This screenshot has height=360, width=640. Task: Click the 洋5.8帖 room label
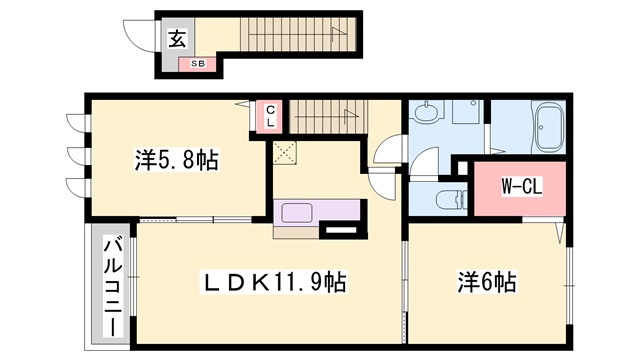(x=177, y=159)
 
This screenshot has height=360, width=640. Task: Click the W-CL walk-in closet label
(x=521, y=186)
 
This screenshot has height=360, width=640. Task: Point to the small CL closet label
(x=270, y=116)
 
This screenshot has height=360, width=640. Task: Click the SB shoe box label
(x=198, y=63)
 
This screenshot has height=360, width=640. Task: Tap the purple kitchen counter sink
(x=299, y=212)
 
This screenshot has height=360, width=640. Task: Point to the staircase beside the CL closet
(x=322, y=114)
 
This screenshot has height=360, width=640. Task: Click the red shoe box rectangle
(x=198, y=64)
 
